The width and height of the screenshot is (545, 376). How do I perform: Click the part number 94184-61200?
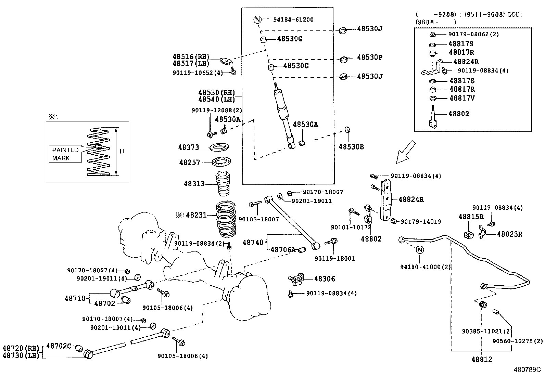tap(293, 20)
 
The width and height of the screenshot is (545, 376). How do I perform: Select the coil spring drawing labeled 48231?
tap(226, 219)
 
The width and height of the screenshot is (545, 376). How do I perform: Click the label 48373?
tap(188, 147)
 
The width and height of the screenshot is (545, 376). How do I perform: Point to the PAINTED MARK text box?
tap(65, 154)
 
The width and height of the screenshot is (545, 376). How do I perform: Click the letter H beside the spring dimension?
tap(122, 151)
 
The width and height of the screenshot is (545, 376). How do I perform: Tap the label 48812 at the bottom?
tap(481, 359)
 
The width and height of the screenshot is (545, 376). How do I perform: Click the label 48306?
tap(325, 279)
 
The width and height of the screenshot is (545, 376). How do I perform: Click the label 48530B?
tap(351, 147)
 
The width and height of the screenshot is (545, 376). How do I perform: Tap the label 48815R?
tap(471, 217)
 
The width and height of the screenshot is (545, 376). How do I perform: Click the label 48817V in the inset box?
tap(462, 98)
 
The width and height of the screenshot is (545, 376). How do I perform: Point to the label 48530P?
tap(369, 57)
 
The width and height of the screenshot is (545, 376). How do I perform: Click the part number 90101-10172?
tap(351, 227)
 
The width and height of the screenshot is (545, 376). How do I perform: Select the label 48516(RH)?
tap(191, 56)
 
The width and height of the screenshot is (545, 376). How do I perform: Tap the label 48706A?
tap(283, 250)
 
